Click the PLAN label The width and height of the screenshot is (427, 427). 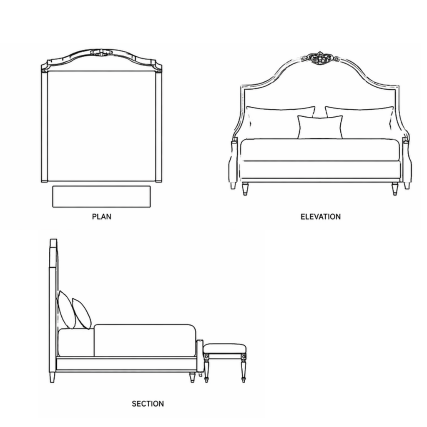(x=102, y=217)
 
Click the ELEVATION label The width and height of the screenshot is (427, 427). (x=321, y=217)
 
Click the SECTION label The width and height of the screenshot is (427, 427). (x=148, y=404)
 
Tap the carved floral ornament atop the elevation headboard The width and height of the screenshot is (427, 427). (x=320, y=58)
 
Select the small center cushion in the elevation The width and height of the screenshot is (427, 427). (x=320, y=127)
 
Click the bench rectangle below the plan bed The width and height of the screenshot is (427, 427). (x=101, y=197)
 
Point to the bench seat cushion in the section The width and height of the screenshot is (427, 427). (x=225, y=349)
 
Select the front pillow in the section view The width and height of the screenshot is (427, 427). (x=81, y=314)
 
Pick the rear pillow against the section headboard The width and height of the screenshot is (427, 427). (x=66, y=310)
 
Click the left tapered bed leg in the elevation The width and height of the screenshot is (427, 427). (x=245, y=189)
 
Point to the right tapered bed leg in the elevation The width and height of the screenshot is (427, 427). (x=395, y=189)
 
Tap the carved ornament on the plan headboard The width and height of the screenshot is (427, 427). (x=101, y=53)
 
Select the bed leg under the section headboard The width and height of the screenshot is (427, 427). (x=52, y=377)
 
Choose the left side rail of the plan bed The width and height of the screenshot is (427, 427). (x=44, y=127)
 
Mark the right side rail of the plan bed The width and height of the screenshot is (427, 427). (x=159, y=127)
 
